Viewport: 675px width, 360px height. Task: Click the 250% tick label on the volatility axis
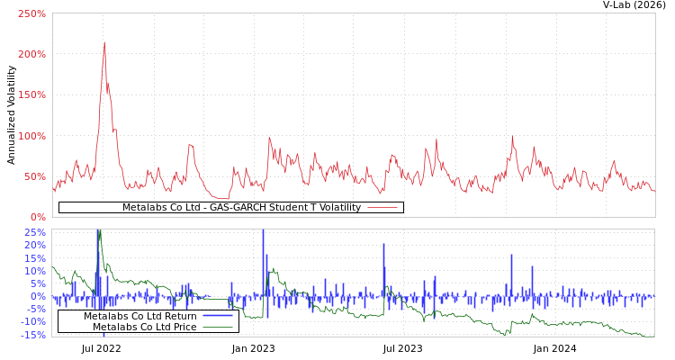tap(31, 13)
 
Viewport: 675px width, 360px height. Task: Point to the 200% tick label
tap(31, 54)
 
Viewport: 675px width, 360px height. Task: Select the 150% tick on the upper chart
tap(31, 94)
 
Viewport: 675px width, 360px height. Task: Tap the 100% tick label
tap(31, 136)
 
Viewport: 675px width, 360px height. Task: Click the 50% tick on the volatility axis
tap(34, 176)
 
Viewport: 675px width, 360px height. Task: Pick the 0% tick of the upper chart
tap(38, 217)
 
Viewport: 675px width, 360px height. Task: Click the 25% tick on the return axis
tap(35, 232)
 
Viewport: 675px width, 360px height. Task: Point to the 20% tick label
tap(35, 245)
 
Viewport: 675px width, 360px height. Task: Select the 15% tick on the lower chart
tap(35, 257)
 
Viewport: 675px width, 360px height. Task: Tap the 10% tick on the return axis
tap(35, 271)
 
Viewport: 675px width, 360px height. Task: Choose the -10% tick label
tap(32, 321)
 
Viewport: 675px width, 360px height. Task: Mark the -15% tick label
tap(32, 335)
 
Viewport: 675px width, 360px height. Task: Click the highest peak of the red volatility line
tap(104, 41)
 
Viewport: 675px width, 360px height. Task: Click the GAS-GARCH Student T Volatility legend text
tap(241, 208)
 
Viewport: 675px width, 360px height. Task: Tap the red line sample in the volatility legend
tap(382, 208)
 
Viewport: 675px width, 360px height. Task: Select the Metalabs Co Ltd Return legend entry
tap(140, 316)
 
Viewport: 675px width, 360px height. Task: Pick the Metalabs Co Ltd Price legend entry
tap(144, 327)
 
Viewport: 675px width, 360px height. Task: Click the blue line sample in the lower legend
tap(217, 316)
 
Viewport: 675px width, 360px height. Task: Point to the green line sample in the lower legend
tap(217, 327)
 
